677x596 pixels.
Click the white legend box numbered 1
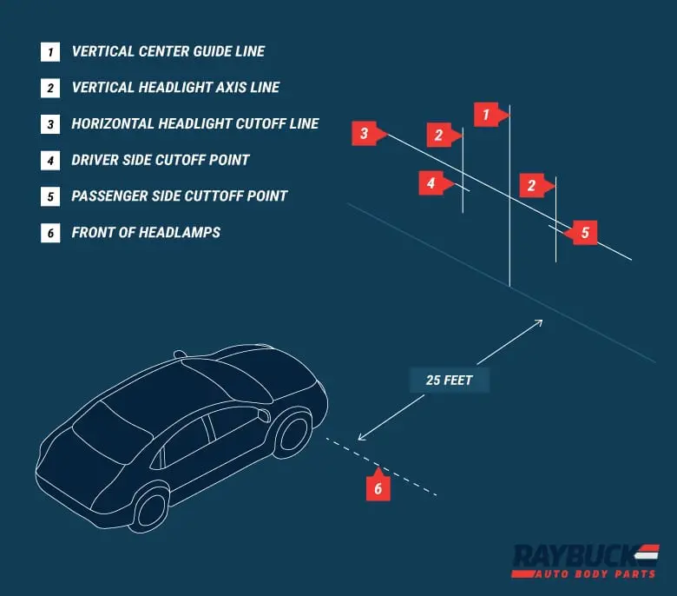tap(50, 51)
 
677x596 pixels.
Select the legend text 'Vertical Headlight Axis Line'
tap(175, 88)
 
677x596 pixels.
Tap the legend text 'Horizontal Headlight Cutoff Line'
tap(195, 123)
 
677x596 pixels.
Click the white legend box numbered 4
tap(50, 160)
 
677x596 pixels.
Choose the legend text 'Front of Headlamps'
tap(146, 233)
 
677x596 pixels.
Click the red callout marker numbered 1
tap(487, 114)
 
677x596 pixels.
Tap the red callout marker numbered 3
tap(364, 133)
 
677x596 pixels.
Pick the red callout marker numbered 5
tap(584, 232)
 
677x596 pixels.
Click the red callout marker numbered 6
tap(378, 487)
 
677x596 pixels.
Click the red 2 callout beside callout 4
tap(439, 135)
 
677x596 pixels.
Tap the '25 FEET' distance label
tap(450, 381)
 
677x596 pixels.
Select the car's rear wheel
tap(151, 507)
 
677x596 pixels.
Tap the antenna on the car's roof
tap(180, 354)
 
